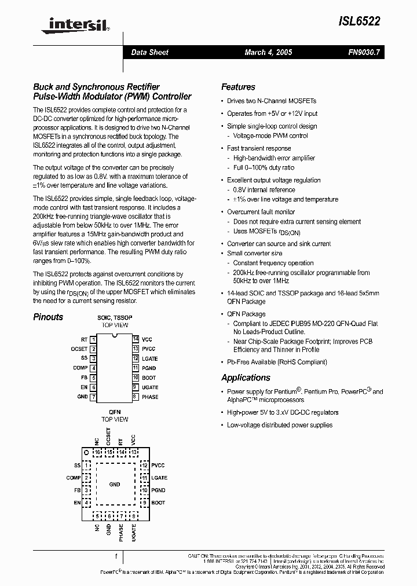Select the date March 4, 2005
(268, 52)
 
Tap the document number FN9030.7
(364, 52)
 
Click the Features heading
(238, 87)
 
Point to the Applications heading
(246, 378)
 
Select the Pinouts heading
(48, 317)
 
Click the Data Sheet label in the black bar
(149, 52)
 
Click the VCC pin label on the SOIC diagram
(147, 339)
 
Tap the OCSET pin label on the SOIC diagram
(79, 349)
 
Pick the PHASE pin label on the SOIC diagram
(150, 397)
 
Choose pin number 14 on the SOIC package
(135, 339)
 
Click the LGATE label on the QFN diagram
(159, 478)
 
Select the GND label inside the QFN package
(115, 484)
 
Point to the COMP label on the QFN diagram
(74, 478)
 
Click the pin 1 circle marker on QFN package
(86, 452)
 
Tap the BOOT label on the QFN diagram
(158, 503)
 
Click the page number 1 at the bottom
(116, 556)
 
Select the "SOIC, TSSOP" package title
(115, 318)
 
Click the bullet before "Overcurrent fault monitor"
(222, 212)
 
